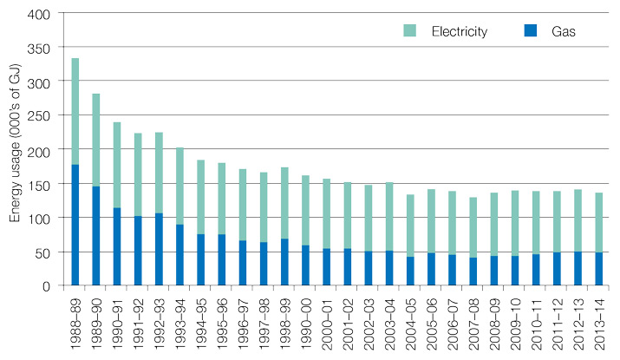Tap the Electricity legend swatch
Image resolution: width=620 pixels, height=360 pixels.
410,31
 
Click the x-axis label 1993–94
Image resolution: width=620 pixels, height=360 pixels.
180,322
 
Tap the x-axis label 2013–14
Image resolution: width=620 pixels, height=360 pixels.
599,322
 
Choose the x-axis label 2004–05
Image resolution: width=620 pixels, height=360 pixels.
410,322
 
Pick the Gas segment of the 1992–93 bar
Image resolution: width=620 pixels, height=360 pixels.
160,249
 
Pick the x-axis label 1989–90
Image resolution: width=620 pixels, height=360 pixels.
96,322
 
